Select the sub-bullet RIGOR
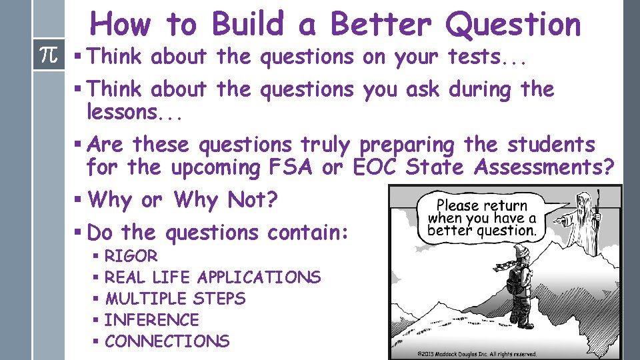(x=131, y=256)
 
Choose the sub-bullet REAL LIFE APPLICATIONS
(x=212, y=277)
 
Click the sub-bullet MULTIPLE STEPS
(x=175, y=299)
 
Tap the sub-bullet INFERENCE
(x=151, y=320)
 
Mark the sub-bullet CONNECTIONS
(x=167, y=341)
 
